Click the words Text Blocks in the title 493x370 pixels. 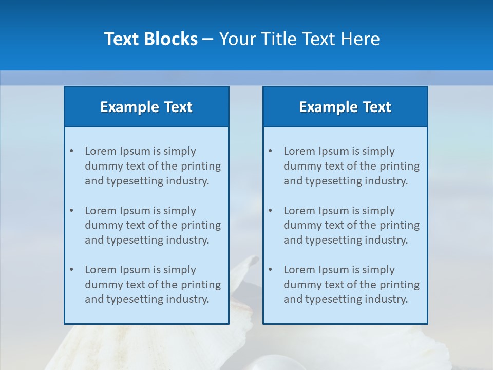point(150,39)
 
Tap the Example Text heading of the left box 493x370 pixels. point(146,107)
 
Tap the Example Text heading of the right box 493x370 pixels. point(345,107)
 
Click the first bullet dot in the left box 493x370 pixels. point(71,151)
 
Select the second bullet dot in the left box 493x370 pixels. point(71,211)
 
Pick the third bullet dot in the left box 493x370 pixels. point(71,270)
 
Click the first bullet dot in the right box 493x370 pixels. point(270,151)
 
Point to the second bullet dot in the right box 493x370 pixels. point(270,211)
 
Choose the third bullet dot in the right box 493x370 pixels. point(270,270)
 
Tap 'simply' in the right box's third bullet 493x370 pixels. point(378,270)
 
